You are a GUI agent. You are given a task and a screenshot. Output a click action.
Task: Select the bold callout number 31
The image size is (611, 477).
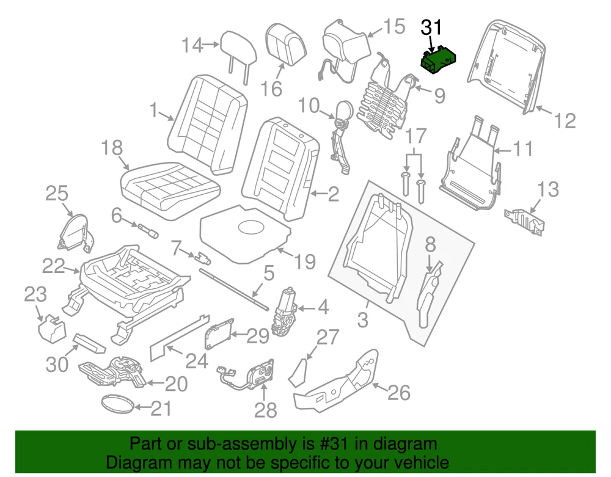[431, 27]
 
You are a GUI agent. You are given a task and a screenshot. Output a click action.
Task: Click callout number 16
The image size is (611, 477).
[272, 89]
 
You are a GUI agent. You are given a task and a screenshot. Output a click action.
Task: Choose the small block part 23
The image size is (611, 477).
[51, 329]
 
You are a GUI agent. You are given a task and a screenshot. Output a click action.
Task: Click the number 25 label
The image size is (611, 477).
[57, 194]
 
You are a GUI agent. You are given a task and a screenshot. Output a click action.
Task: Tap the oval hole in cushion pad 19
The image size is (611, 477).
[251, 228]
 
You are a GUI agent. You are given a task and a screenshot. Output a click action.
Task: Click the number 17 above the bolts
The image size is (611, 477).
[415, 136]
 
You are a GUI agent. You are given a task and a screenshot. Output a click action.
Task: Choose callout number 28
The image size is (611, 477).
[265, 410]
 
